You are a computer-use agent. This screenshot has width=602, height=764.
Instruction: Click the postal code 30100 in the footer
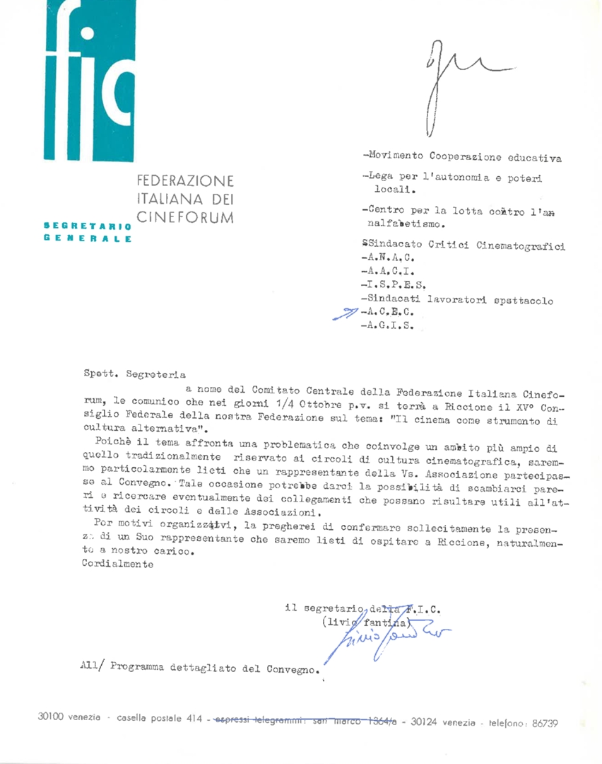pos(53,716)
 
